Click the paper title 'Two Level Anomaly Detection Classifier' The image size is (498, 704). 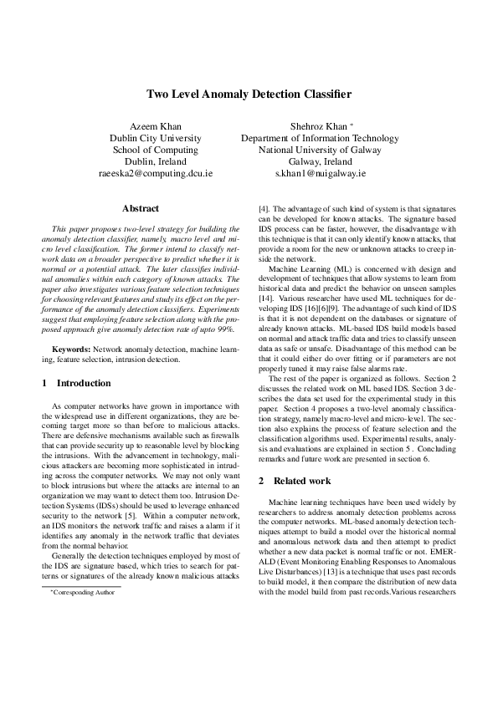[249, 95]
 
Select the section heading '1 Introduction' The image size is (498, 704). [76, 383]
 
